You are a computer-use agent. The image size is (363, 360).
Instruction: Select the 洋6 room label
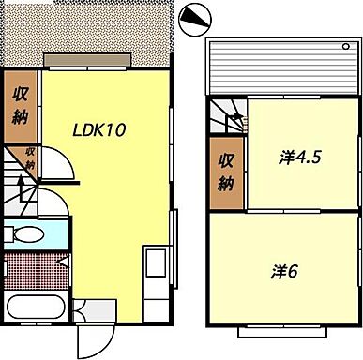click(285, 272)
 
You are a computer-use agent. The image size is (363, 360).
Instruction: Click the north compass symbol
click(194, 17)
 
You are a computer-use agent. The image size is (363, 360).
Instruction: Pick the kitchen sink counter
click(154, 271)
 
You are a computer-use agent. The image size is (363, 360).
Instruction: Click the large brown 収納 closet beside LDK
click(20, 105)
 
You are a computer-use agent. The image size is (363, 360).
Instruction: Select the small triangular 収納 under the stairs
click(30, 157)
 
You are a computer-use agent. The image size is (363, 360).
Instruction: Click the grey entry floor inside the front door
click(93, 309)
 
